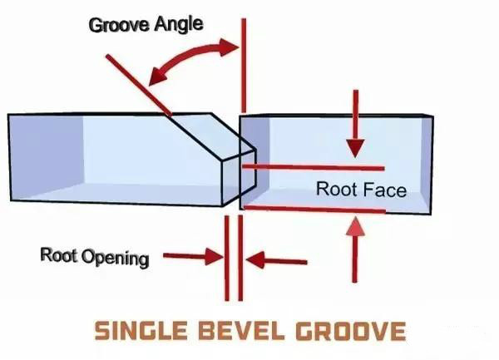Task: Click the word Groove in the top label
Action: tap(119, 25)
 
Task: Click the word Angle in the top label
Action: tap(179, 25)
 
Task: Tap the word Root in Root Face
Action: tap(336, 189)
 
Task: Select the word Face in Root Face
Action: tap(384, 190)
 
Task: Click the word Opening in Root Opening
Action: tap(116, 259)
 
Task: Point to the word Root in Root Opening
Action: tap(59, 254)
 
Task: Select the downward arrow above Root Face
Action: tap(355, 123)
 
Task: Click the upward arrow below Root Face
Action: tap(355, 249)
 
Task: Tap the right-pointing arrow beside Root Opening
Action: tap(193, 256)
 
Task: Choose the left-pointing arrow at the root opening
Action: tap(277, 260)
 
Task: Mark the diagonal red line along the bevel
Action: tap(139, 86)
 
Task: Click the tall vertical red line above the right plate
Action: tap(244, 65)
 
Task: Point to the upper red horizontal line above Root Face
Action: tap(314, 167)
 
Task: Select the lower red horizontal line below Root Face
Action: tap(315, 210)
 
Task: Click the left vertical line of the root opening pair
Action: tap(227, 259)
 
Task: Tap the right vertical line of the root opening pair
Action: tap(240, 258)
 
